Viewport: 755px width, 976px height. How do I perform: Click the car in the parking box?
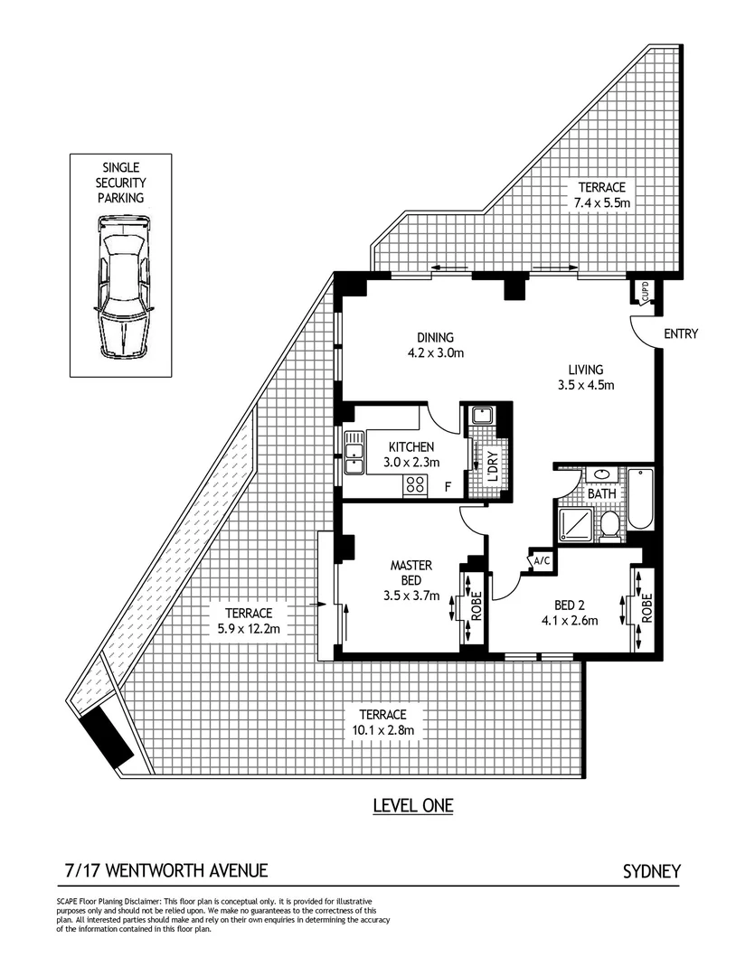(121, 286)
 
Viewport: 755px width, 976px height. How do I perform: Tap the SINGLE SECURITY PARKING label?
(122, 183)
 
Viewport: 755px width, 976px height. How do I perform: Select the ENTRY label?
(680, 333)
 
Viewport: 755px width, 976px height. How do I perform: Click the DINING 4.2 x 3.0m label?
(435, 345)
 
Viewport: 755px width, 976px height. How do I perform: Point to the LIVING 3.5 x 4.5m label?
(585, 377)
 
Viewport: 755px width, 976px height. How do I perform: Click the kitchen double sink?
(353, 450)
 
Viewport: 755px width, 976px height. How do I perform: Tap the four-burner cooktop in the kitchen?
(415, 484)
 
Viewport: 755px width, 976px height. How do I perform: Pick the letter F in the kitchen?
(448, 488)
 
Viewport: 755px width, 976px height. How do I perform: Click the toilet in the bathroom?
(610, 525)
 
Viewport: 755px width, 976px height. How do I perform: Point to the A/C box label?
(542, 560)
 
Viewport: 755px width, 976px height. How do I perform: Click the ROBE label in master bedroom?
(477, 605)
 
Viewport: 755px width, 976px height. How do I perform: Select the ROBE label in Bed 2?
(646, 603)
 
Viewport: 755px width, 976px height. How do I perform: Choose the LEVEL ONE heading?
(413, 805)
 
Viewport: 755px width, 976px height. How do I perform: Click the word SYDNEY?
(651, 872)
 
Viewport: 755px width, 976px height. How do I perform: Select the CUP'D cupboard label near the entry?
(645, 291)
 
